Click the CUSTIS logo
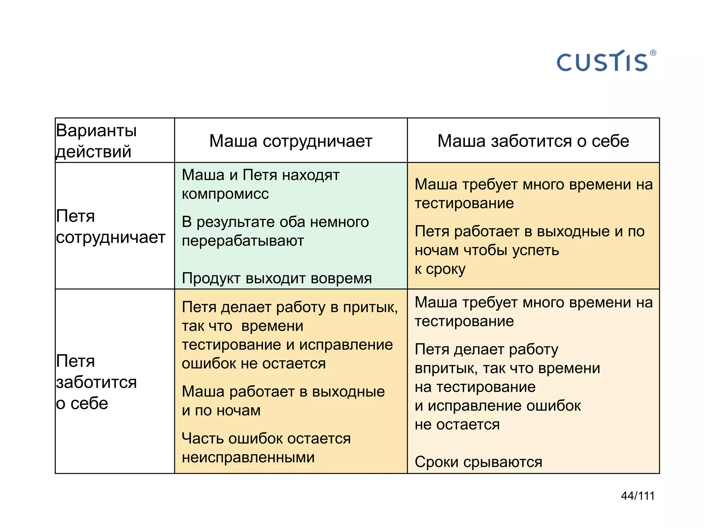tap(602, 62)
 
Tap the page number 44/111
tap(638, 496)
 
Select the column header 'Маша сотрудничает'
tap(290, 141)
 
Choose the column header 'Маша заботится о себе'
tap(533, 141)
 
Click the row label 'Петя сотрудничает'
tap(110, 227)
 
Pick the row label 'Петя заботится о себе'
tap(96, 382)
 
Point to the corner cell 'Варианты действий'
tap(96, 141)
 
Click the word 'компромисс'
tap(225, 194)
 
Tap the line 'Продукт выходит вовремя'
tap(277, 278)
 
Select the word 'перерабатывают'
tap(243, 241)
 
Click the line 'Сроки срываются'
tap(478, 462)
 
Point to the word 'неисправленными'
tap(248, 458)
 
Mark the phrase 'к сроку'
tap(440, 269)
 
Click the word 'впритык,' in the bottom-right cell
tap(446, 368)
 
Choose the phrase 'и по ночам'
tap(221, 410)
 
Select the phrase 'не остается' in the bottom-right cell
tap(457, 425)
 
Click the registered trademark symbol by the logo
tap(653, 53)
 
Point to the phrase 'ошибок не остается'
tap(253, 364)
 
